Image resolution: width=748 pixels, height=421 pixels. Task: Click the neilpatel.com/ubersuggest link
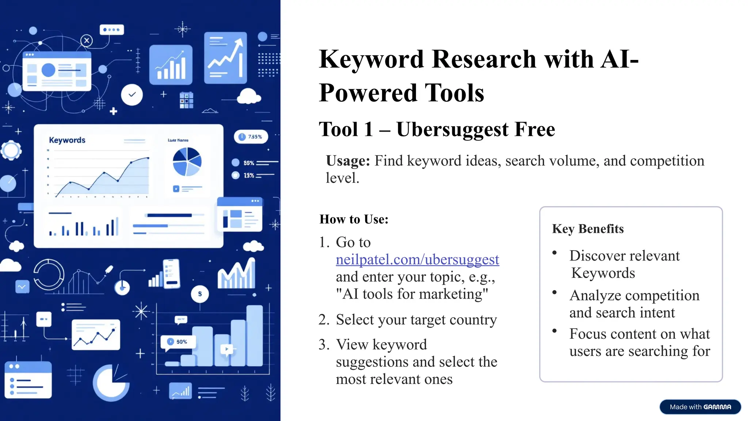(x=417, y=259)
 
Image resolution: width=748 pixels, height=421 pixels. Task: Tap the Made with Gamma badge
(x=700, y=407)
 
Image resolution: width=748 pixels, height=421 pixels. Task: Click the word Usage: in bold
(x=348, y=161)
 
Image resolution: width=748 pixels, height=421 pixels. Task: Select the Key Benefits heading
(x=588, y=229)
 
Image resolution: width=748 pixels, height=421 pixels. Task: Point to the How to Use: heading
(x=354, y=219)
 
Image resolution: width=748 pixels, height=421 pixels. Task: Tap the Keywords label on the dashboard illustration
(x=67, y=140)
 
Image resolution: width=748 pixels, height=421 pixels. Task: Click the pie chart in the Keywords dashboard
(x=187, y=162)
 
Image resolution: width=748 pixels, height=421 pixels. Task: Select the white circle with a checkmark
(x=132, y=95)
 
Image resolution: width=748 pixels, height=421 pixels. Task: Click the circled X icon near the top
(x=87, y=41)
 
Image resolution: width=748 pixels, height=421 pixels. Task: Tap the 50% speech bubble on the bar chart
(x=178, y=342)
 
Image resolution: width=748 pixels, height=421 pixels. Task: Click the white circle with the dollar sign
(x=200, y=294)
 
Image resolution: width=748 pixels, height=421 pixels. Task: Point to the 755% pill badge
(x=251, y=137)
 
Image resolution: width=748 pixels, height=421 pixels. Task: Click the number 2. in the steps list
(x=324, y=320)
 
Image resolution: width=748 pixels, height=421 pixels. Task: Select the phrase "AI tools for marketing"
(x=412, y=294)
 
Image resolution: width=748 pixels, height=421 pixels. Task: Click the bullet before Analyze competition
(x=554, y=292)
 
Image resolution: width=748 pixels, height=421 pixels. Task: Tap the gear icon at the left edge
(x=11, y=150)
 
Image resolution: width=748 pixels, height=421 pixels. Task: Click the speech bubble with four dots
(x=111, y=30)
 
